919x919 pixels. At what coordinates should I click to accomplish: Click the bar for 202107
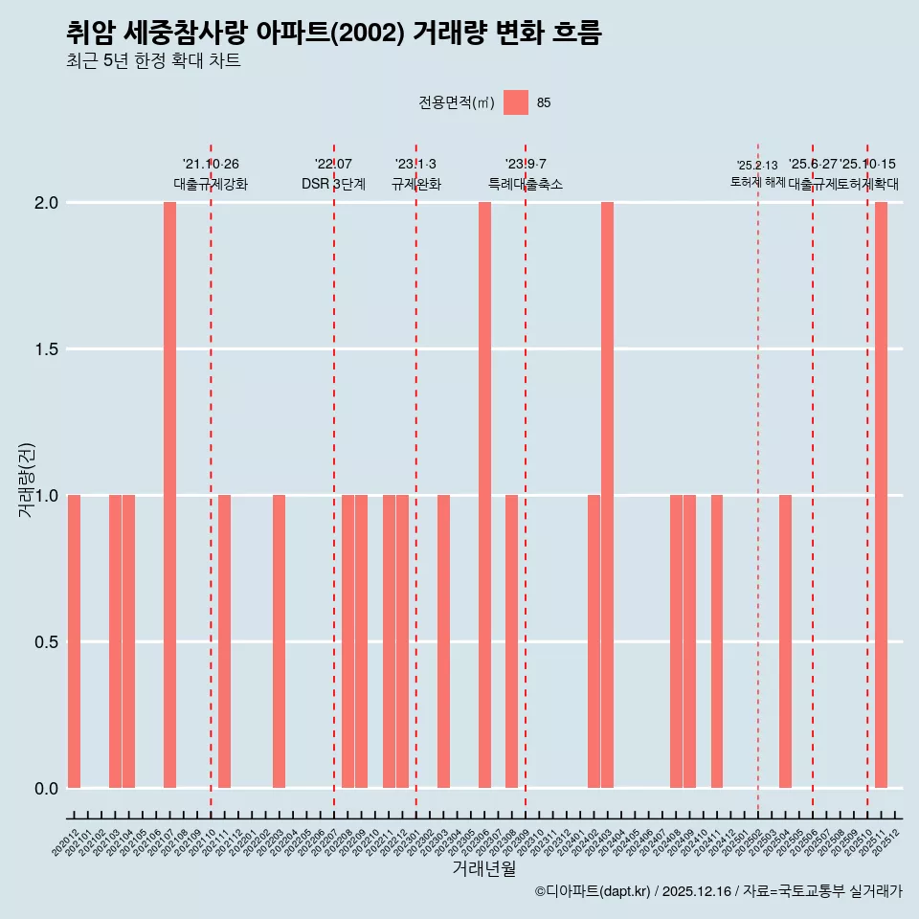click(x=169, y=495)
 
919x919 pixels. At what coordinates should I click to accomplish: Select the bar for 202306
click(x=484, y=495)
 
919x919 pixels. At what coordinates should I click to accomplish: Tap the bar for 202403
click(x=607, y=495)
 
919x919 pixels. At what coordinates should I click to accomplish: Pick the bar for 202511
click(x=881, y=495)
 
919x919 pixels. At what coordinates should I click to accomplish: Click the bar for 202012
click(x=74, y=641)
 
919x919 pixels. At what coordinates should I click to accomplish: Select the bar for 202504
click(x=785, y=641)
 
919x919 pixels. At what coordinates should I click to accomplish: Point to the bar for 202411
click(x=717, y=641)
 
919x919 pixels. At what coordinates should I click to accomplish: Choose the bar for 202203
click(x=279, y=641)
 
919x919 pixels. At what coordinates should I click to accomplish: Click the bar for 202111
click(x=224, y=641)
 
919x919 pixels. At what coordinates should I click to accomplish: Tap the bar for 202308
click(x=511, y=641)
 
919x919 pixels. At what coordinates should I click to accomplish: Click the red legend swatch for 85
click(x=516, y=102)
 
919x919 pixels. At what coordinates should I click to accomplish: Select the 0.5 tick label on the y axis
click(x=46, y=642)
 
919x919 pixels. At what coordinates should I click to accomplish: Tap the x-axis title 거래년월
click(x=483, y=869)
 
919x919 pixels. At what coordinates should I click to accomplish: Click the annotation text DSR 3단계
click(x=333, y=184)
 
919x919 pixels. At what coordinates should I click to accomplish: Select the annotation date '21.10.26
click(x=211, y=165)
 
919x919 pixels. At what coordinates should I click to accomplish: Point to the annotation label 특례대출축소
click(x=526, y=184)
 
